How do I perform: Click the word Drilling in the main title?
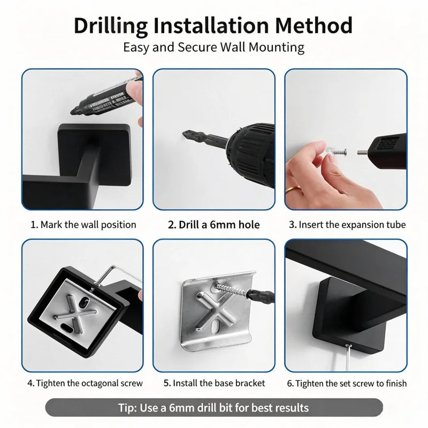[x=111, y=26]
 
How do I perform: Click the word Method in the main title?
[x=314, y=25]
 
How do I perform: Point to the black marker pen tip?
[x=73, y=111]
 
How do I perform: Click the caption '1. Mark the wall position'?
[x=83, y=225]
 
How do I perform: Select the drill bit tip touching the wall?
[x=185, y=133]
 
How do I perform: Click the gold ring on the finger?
[x=293, y=189]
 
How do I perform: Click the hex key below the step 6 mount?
[x=347, y=357]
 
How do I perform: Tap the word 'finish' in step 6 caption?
[x=396, y=383]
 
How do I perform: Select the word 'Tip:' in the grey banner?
[x=127, y=408]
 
